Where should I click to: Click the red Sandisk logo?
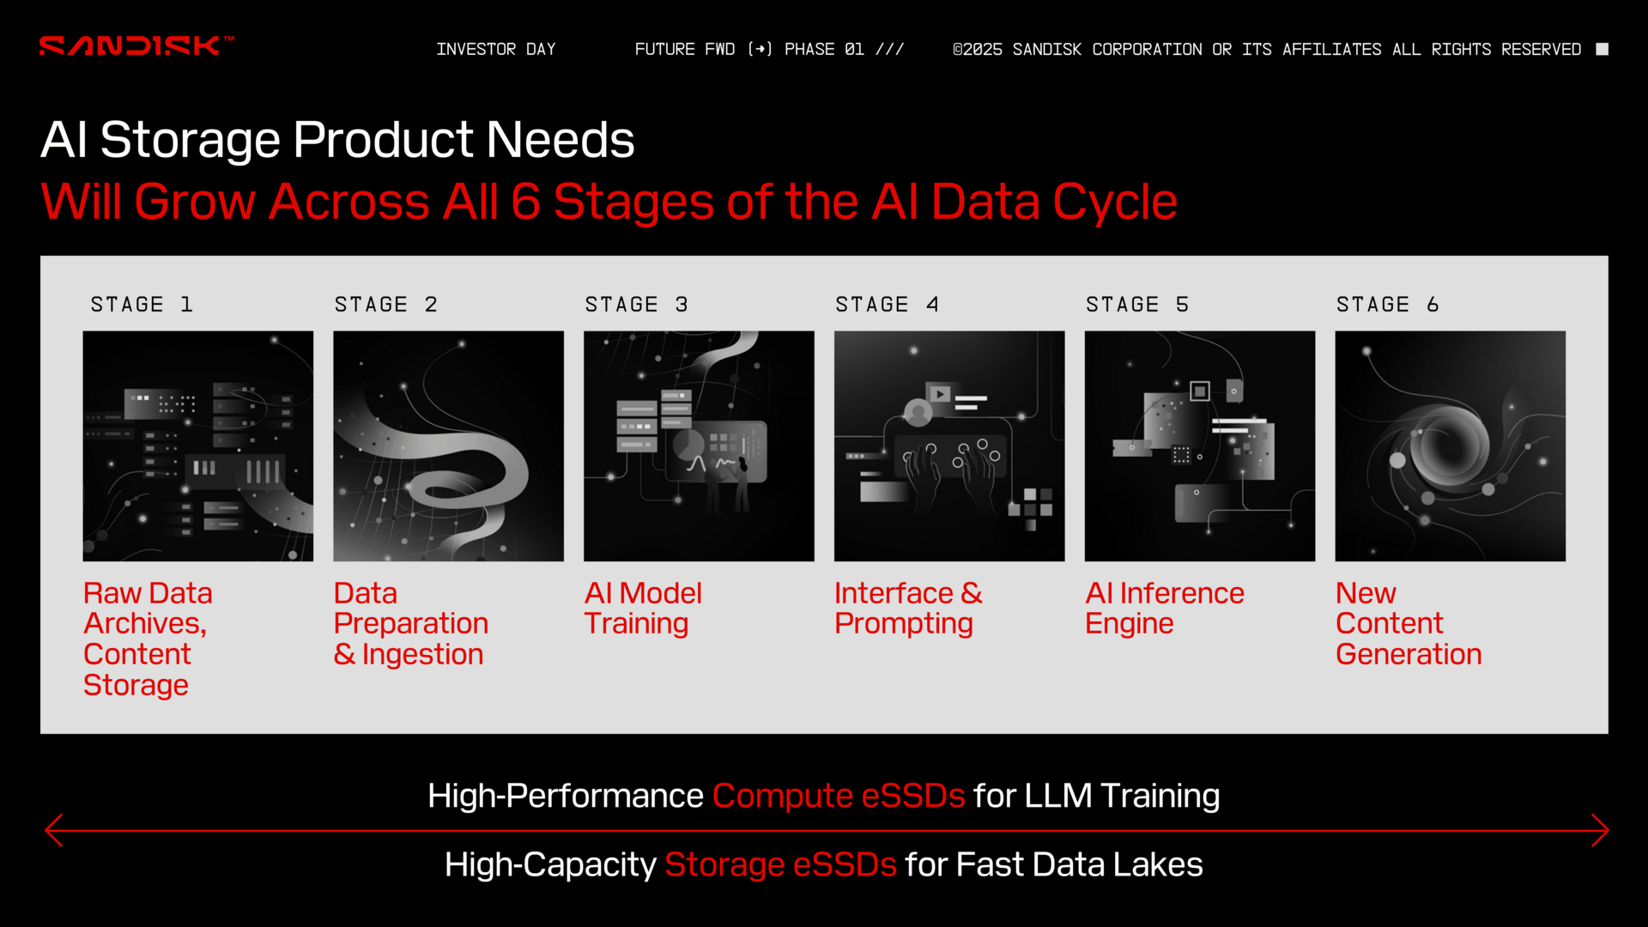click(x=136, y=45)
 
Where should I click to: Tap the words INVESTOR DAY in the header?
click(x=496, y=49)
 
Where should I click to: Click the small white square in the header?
click(x=1602, y=49)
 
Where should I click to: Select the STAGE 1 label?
click(x=142, y=305)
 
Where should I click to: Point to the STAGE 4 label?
click(x=888, y=305)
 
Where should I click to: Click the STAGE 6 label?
click(x=1388, y=305)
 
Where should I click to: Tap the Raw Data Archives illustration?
click(x=198, y=446)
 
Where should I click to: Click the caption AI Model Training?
click(x=643, y=609)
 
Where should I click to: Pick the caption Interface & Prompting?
click(x=908, y=609)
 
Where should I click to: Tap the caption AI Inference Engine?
click(x=1165, y=609)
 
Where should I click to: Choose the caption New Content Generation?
click(x=1409, y=624)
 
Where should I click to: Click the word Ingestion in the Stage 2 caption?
click(x=422, y=655)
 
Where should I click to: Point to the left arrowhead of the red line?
click(x=53, y=830)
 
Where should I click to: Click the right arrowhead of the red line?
click(x=1601, y=830)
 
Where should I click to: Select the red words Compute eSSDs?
click(x=839, y=796)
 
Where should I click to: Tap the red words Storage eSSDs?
click(x=780, y=864)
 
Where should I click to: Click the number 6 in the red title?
click(x=525, y=203)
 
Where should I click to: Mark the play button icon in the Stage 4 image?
click(x=940, y=394)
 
